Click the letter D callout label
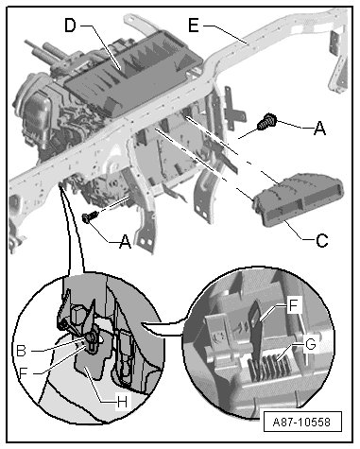coord(70,26)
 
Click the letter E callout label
coord(194,26)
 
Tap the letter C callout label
coord(321,241)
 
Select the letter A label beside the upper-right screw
coord(319,129)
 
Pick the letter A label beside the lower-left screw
coord(125,242)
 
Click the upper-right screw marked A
coord(266,121)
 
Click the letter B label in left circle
coord(22,351)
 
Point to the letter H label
coord(122,402)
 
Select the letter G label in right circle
coord(310,344)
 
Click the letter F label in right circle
coord(294,305)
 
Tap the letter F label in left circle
coord(24,373)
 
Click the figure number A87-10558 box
coord(301,422)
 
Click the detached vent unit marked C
coord(298,199)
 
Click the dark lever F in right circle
coord(256,331)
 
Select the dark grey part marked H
coord(92,359)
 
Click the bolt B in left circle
coord(91,338)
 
